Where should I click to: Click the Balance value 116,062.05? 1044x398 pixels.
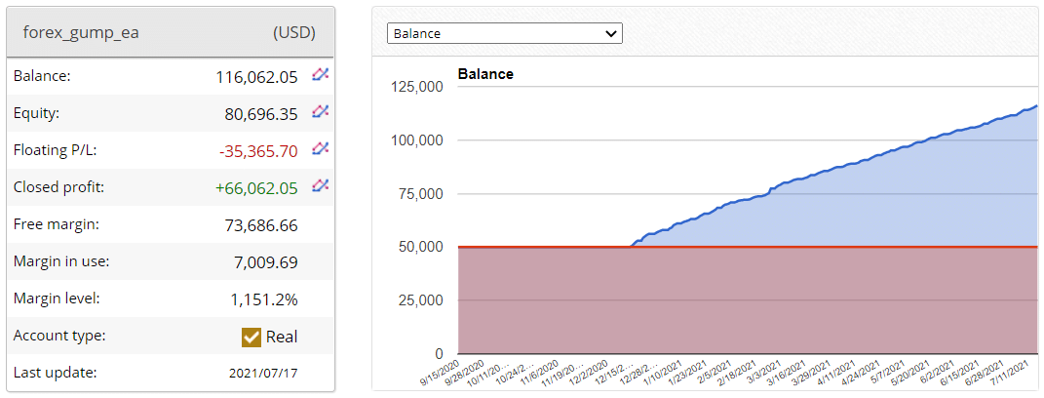click(x=256, y=76)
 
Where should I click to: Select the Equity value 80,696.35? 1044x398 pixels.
click(x=260, y=113)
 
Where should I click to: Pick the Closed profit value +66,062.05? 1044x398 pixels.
click(x=256, y=187)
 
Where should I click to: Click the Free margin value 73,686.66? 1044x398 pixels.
click(x=260, y=224)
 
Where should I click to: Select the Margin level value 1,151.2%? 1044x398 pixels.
click(x=263, y=298)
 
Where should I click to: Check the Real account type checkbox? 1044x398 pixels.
click(x=251, y=337)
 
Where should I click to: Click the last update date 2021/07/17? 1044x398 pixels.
click(x=263, y=373)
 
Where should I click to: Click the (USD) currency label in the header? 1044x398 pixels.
click(x=293, y=32)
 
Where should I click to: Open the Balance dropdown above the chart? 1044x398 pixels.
click(x=505, y=33)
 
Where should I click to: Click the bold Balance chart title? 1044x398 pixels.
click(x=485, y=74)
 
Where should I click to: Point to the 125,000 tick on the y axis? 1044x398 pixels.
click(x=417, y=87)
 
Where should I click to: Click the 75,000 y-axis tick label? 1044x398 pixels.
click(x=421, y=193)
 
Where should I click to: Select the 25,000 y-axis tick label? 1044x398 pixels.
click(x=421, y=300)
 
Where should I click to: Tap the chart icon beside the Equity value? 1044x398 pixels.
click(x=320, y=112)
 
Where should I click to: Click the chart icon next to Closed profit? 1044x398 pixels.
click(x=320, y=186)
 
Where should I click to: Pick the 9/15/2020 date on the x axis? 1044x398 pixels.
click(x=439, y=375)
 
